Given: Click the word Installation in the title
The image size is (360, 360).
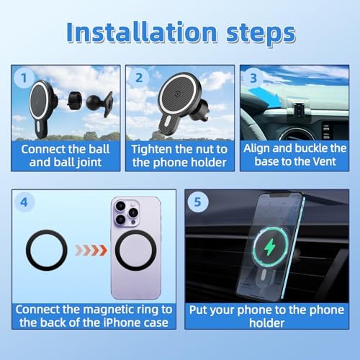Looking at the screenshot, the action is click(x=142, y=32).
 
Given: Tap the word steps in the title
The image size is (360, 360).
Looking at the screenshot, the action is click(x=261, y=34).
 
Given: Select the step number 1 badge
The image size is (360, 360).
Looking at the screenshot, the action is click(x=24, y=78).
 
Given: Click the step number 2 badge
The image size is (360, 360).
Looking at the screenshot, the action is click(x=139, y=78).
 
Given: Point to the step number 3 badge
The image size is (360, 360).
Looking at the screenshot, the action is click(x=253, y=78).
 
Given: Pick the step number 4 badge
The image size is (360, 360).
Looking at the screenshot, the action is click(x=24, y=202).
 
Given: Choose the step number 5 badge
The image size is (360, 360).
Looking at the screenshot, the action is click(x=197, y=202).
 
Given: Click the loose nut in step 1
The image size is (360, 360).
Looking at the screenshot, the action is click(x=75, y=101).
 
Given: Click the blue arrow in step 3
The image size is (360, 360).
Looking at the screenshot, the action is click(x=265, y=96).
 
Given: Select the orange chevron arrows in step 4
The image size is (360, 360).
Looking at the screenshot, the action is click(x=91, y=251).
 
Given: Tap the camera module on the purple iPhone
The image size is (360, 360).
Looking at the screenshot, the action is click(x=127, y=213).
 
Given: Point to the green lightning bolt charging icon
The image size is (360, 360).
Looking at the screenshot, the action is click(x=270, y=247).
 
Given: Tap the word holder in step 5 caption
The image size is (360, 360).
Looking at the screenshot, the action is click(x=266, y=323).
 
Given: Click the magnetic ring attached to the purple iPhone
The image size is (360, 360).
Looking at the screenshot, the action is click(x=136, y=251).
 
